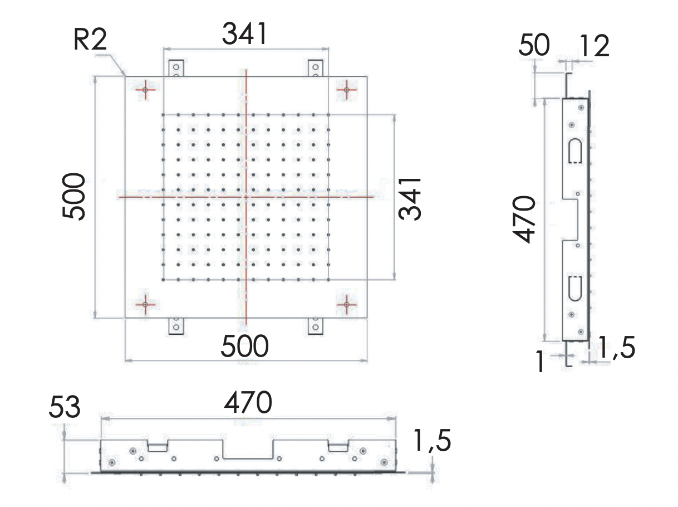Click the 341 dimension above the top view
(245, 35)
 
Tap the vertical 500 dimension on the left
(74, 197)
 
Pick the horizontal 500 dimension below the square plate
(245, 347)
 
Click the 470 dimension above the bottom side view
(248, 403)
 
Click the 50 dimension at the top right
(534, 46)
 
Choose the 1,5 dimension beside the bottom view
(432, 442)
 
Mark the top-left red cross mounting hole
(145, 89)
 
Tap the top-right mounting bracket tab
(315, 68)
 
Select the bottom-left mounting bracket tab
(176, 325)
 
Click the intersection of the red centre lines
(245, 197)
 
